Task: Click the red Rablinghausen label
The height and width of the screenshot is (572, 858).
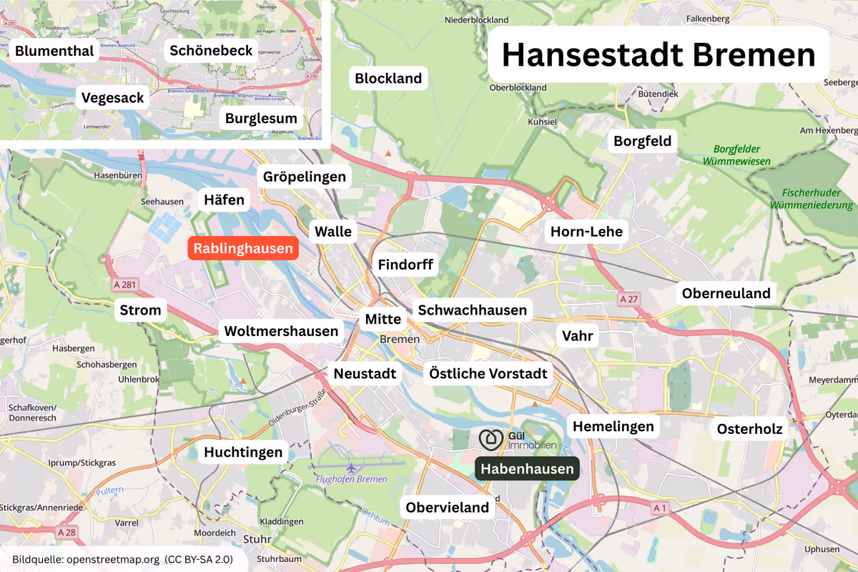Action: point(242,248)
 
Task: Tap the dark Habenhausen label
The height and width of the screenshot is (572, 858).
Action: point(527,469)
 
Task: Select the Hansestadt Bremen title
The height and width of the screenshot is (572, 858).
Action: point(659,56)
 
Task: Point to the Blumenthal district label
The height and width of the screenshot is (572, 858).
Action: point(54,51)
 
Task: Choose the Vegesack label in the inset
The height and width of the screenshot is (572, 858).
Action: point(113,97)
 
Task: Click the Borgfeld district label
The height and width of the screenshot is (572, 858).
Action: point(643,141)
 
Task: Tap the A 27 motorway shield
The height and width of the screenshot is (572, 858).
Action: point(628,299)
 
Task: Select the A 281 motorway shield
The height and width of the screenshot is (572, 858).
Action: point(124,285)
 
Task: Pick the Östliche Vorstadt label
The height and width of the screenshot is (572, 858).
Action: point(488,373)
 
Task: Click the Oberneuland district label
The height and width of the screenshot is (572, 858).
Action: point(726,293)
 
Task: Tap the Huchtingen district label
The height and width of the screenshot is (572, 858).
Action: point(244,452)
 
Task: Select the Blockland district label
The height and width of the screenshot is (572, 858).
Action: point(388,78)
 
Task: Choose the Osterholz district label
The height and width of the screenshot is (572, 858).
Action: point(750,428)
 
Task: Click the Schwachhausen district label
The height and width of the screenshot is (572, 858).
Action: point(472,310)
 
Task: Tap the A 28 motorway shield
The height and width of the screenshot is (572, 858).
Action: point(66,533)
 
